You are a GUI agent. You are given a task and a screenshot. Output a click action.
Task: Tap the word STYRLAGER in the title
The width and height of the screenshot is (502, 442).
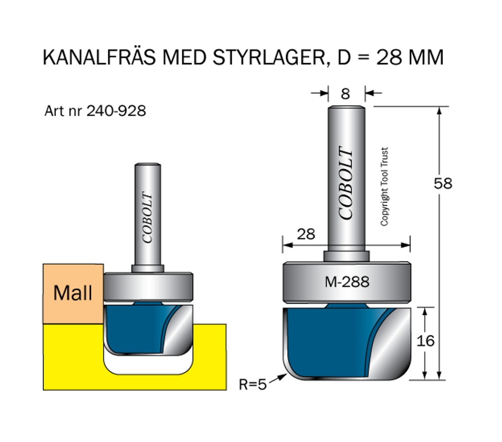click(x=268, y=58)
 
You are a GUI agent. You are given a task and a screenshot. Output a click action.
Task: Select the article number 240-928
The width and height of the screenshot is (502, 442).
click(x=116, y=111)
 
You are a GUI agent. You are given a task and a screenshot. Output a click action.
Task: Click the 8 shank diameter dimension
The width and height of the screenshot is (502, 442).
click(x=346, y=93)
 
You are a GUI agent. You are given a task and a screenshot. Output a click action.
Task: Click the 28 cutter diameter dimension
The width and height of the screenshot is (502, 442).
click(x=306, y=234)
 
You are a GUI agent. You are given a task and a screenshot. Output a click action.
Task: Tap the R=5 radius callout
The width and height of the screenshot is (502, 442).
click(x=252, y=385)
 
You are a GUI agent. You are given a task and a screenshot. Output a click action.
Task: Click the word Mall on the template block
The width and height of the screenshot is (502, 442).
click(x=73, y=293)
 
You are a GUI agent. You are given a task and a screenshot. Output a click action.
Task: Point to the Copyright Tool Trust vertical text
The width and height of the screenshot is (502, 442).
click(x=384, y=186)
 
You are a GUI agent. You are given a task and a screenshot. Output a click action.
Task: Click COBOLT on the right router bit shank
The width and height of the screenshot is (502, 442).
click(x=346, y=183)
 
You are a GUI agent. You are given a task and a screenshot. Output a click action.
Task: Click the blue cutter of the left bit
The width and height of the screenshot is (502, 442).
click(x=132, y=328)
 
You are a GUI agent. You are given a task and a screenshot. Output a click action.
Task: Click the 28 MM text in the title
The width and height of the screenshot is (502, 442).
click(x=410, y=58)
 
